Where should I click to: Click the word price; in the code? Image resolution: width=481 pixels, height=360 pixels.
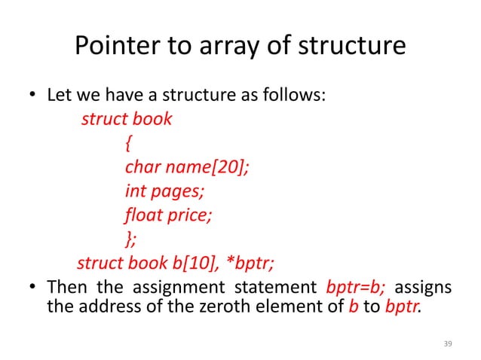tap(191, 215)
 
